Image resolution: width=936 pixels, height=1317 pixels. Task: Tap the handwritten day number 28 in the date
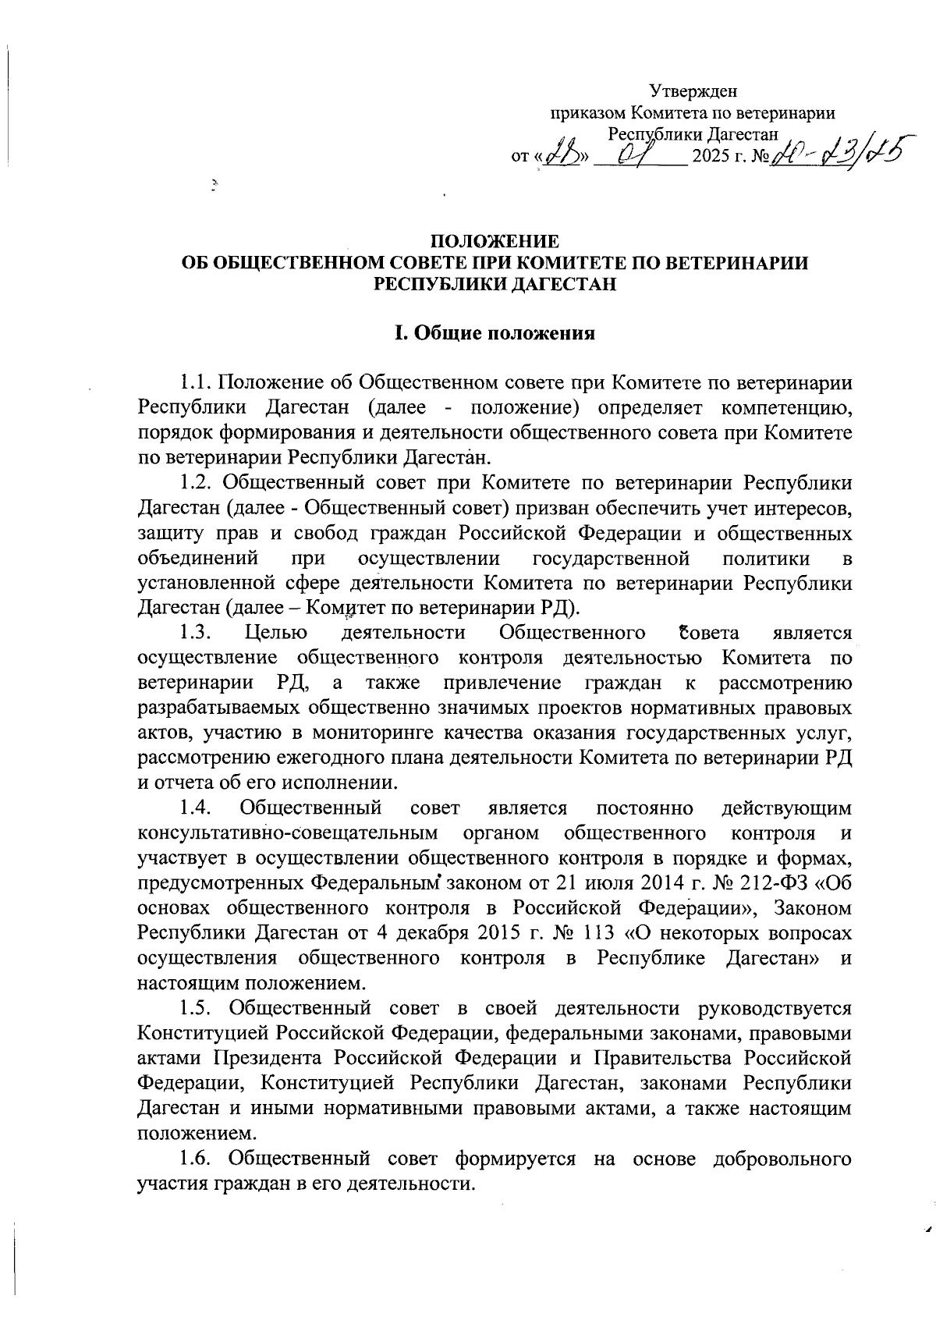[559, 154]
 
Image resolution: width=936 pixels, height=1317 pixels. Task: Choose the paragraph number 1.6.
[196, 1159]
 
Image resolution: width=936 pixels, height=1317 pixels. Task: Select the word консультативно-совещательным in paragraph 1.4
[287, 833]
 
